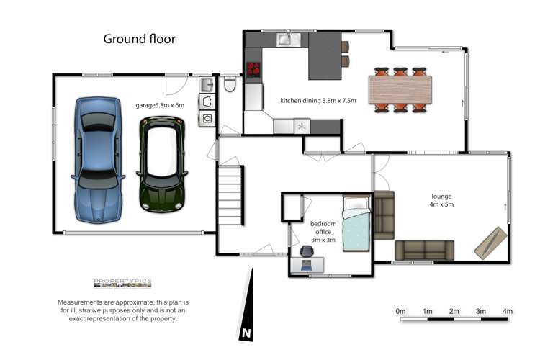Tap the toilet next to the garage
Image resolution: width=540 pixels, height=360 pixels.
(230, 85)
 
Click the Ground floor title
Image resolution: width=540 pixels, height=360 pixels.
(140, 39)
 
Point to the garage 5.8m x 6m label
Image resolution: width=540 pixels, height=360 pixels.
(160, 105)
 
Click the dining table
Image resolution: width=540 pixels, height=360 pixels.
(401, 90)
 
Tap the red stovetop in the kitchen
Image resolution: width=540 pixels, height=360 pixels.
(254, 71)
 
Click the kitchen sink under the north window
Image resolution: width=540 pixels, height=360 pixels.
(285, 40)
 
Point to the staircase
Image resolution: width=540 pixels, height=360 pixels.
(231, 194)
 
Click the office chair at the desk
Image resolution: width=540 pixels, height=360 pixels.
(307, 251)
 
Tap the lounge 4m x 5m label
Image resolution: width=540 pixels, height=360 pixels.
(442, 200)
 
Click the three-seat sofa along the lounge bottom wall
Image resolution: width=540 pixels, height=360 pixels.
(424, 250)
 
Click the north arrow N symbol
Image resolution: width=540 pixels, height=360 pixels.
(246, 333)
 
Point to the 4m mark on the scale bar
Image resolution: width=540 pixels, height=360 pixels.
(508, 311)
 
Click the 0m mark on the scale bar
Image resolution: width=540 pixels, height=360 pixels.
(400, 311)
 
